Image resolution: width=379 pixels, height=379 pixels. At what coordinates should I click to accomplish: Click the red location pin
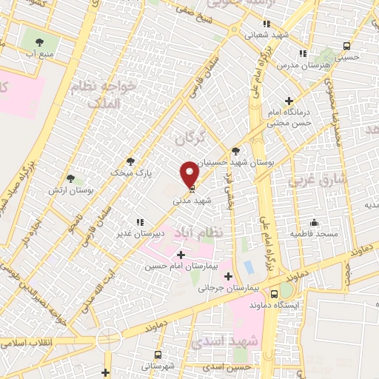click(189, 174)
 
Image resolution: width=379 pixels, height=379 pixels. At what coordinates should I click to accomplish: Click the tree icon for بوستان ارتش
click(70, 178)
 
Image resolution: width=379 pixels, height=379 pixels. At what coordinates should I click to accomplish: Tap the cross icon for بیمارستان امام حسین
click(181, 255)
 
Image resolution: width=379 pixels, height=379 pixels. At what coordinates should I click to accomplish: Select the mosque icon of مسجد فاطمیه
click(314, 222)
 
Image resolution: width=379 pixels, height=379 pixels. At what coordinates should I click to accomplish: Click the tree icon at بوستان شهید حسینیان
click(235, 149)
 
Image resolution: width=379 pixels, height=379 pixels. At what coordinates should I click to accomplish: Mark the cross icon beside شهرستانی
click(107, 372)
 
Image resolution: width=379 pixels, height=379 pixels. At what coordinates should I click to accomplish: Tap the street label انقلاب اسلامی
click(24, 343)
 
